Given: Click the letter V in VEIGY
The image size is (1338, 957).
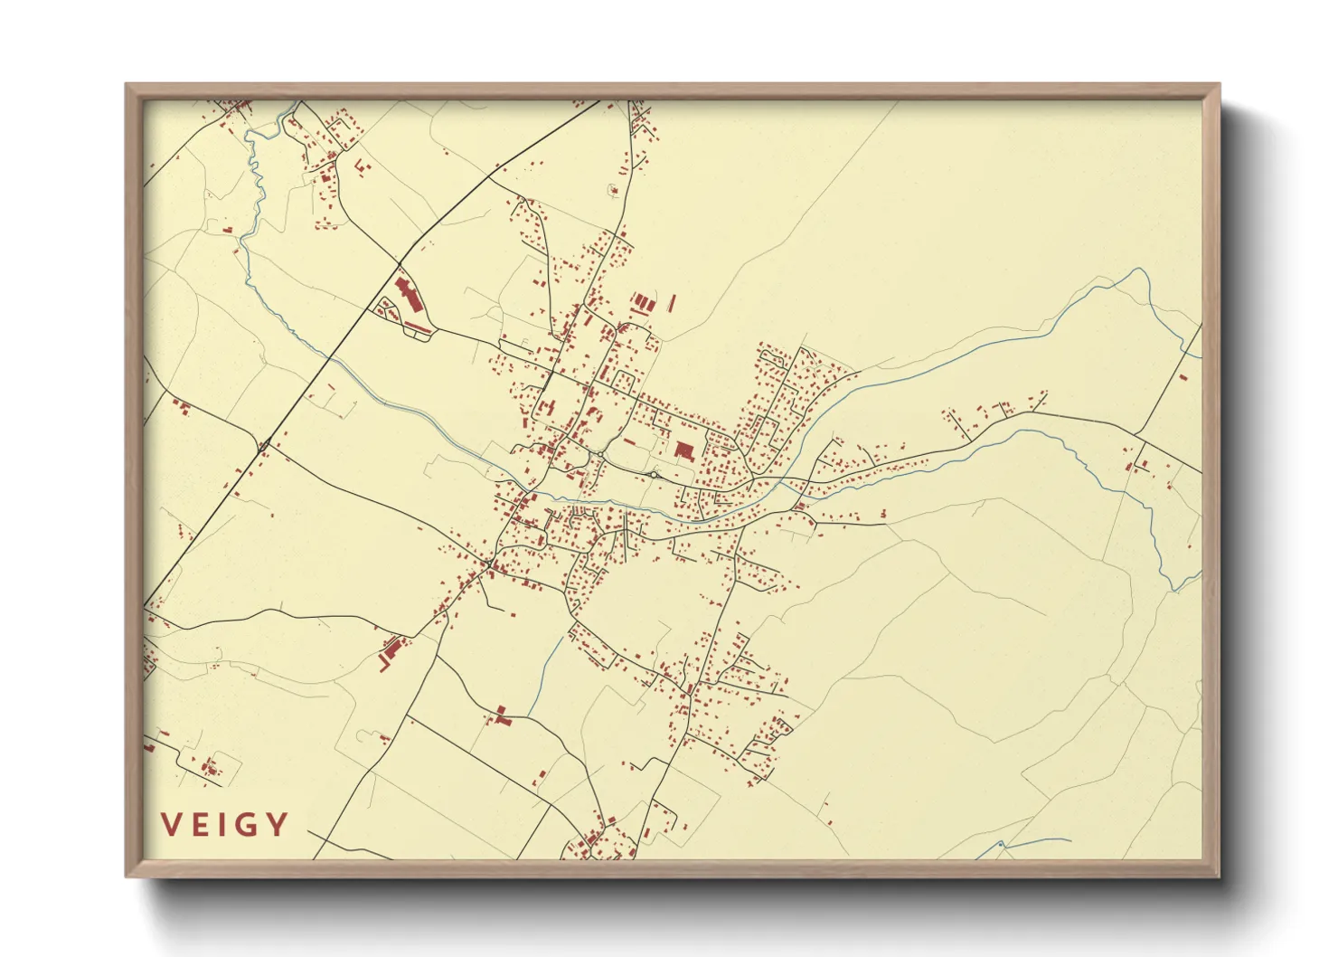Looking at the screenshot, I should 172,825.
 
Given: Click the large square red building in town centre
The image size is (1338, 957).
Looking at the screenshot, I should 683,450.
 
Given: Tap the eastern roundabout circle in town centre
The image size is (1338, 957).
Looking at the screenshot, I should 654,474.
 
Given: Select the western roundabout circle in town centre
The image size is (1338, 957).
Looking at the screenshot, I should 601,454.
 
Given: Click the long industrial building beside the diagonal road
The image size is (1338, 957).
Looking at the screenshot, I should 404,294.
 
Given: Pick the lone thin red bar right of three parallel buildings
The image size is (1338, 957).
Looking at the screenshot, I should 673,302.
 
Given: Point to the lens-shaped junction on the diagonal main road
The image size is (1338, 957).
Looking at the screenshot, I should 264,445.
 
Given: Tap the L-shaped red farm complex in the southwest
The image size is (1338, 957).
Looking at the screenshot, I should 391,651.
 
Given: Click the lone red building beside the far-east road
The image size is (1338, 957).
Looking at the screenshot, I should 1182,376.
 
